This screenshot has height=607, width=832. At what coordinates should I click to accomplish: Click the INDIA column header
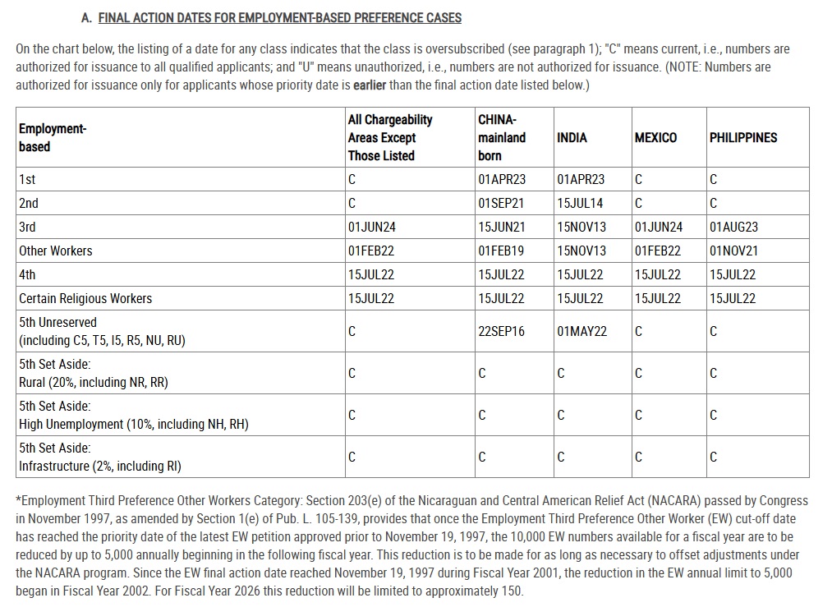572,138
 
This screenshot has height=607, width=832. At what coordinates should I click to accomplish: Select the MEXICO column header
655,138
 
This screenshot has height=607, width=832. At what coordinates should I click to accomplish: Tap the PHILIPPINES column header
742,138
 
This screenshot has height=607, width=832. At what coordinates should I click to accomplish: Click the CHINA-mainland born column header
501,138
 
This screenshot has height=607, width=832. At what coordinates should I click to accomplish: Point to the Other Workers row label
56,251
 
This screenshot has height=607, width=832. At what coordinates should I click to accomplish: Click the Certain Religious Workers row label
85,298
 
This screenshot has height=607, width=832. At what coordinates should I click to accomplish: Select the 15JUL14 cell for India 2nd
579,203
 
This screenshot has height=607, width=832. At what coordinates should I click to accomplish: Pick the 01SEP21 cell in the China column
501,203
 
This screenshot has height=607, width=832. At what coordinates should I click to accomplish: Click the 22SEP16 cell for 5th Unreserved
501,331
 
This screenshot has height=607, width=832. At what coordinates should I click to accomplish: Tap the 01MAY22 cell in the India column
581,331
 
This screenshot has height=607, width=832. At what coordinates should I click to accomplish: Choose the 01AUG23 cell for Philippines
733,227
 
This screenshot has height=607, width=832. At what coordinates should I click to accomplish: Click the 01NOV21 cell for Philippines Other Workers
733,251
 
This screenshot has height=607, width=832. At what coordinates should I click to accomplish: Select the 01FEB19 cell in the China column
501,251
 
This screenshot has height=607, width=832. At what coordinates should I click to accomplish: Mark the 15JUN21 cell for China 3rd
501,227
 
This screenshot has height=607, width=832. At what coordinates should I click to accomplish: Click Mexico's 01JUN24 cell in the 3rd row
658,227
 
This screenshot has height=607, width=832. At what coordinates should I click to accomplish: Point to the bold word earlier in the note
370,85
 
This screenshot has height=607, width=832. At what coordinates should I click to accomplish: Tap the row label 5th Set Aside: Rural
94,373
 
